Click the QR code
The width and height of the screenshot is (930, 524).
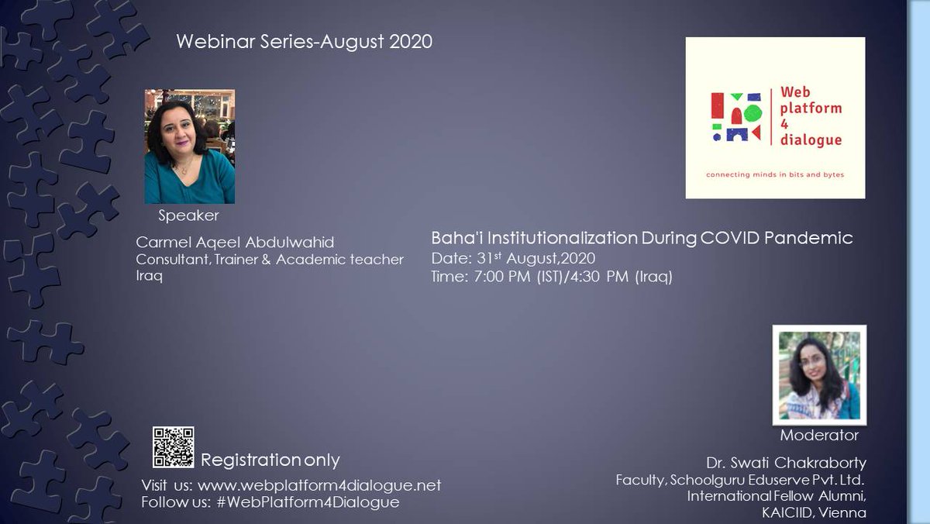pyautogui.click(x=173, y=447)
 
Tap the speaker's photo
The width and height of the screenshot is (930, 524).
pyautogui.click(x=190, y=147)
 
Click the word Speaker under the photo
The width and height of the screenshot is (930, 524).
pyautogui.click(x=188, y=215)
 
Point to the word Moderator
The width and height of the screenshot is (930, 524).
pyautogui.click(x=819, y=436)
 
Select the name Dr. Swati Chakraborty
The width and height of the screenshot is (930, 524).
pyautogui.click(x=786, y=464)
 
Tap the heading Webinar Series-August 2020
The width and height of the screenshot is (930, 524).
pyautogui.click(x=305, y=41)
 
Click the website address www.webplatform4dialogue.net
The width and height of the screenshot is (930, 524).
pyautogui.click(x=319, y=486)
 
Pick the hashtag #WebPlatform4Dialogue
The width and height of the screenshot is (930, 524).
pyautogui.click(x=303, y=502)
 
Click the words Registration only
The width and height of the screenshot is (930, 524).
pyautogui.click(x=270, y=460)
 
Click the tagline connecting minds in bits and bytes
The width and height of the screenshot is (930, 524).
pyautogui.click(x=775, y=174)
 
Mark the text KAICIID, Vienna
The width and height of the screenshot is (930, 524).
pyautogui.click(x=813, y=513)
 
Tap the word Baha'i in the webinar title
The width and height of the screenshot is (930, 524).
pyautogui.click(x=453, y=239)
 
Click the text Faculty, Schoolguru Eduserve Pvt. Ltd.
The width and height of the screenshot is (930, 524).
pyautogui.click(x=740, y=481)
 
